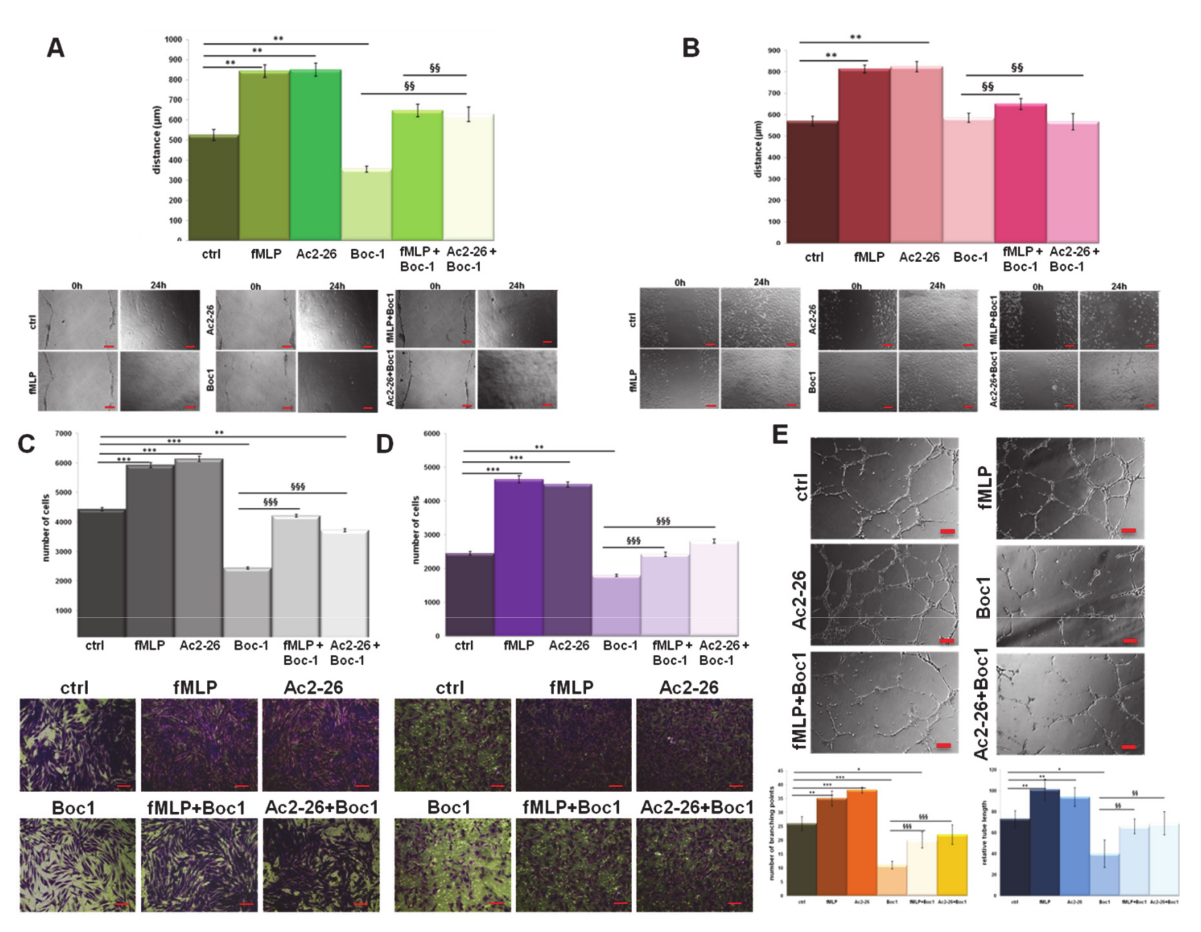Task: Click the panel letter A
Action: click(x=55, y=48)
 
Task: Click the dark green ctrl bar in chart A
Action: click(x=213, y=187)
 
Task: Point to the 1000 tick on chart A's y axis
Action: click(x=173, y=40)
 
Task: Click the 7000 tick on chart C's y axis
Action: click(x=64, y=433)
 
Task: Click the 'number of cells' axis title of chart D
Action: click(x=416, y=530)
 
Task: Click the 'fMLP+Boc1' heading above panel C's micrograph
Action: click(x=196, y=808)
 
